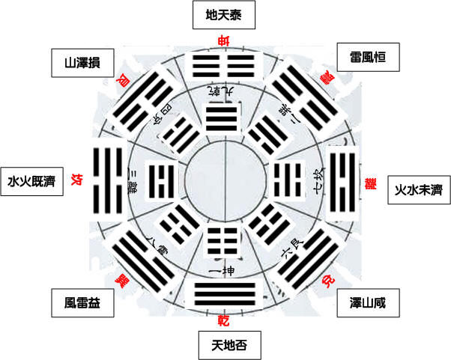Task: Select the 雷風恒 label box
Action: click(367, 56)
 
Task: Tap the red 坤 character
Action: click(223, 40)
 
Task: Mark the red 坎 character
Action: click(76, 180)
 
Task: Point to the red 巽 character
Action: click(119, 281)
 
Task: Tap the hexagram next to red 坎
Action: click(104, 180)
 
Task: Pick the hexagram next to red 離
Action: click(344, 180)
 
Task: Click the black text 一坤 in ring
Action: click(223, 267)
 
